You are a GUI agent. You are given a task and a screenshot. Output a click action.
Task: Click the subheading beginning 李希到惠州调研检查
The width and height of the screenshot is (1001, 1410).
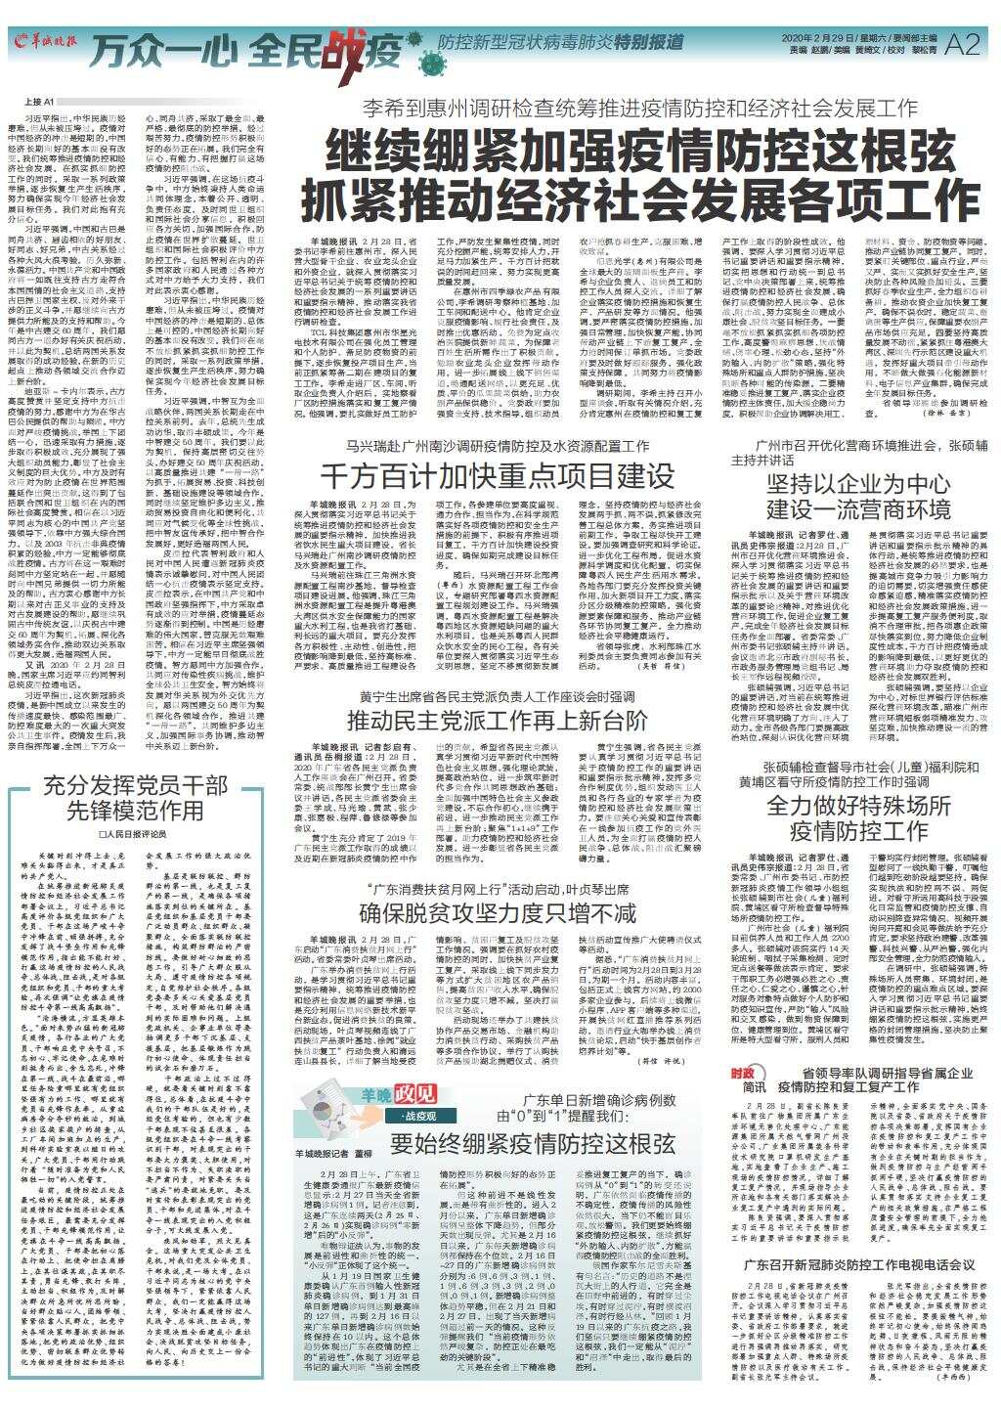click(639, 108)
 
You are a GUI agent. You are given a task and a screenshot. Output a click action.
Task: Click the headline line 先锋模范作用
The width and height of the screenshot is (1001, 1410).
click(136, 811)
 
